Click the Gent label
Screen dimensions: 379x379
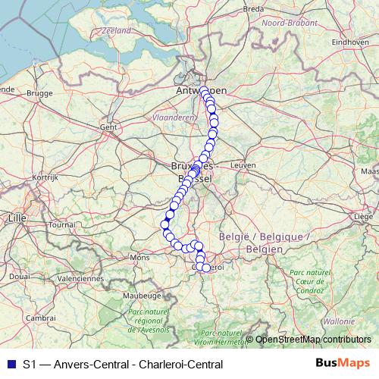tap(108, 127)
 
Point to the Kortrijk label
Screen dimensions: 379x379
tap(45, 177)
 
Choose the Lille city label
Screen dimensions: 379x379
tap(16, 218)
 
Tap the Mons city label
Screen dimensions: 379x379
tap(140, 258)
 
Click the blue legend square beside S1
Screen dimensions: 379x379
tap(11, 364)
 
